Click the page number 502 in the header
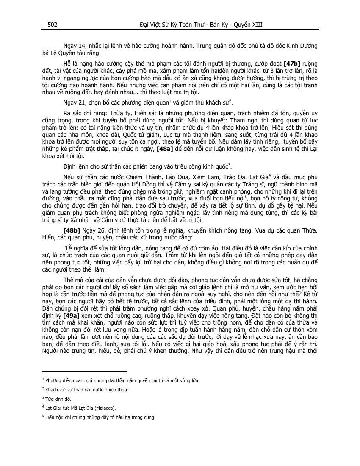tap(53, 25)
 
